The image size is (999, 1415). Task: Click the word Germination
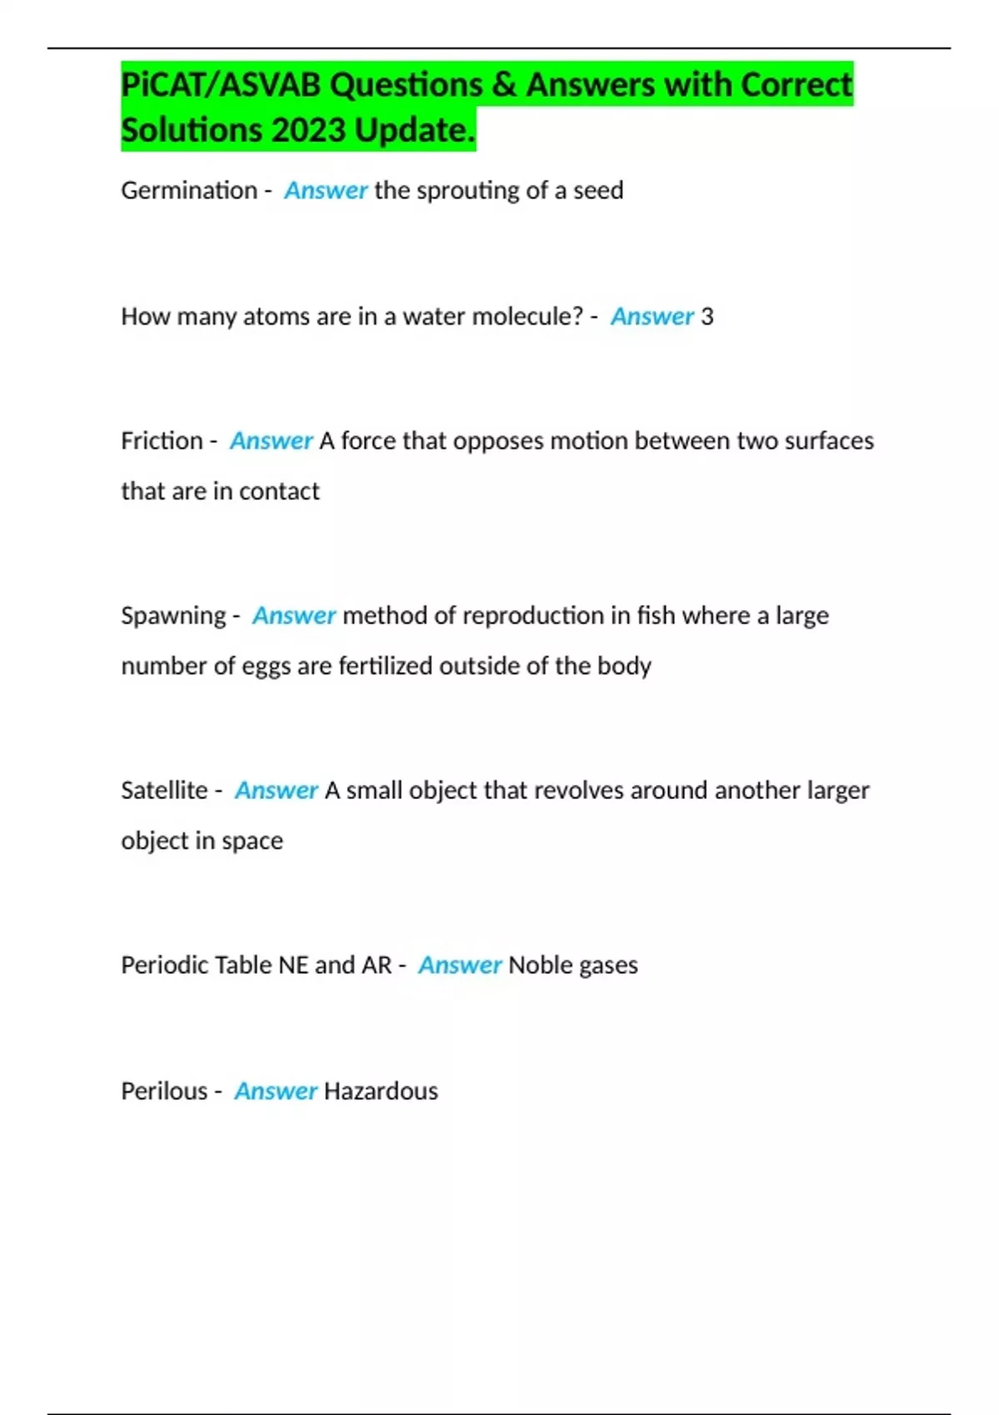click(x=189, y=191)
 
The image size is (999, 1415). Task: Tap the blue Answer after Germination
click(x=326, y=191)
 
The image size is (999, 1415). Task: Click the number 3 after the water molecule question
click(x=707, y=316)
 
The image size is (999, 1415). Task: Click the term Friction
click(x=162, y=440)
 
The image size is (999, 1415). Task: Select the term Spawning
click(x=173, y=615)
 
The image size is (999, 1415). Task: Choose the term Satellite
click(x=164, y=790)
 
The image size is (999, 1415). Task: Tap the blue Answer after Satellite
click(x=276, y=790)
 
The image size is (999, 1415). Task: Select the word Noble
click(x=539, y=965)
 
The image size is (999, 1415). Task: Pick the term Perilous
click(x=164, y=1090)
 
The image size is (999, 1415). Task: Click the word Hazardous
click(x=380, y=1090)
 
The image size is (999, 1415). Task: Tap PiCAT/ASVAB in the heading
click(x=221, y=85)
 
